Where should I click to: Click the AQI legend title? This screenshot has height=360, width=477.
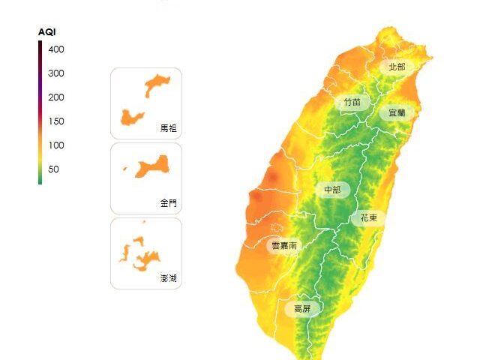(47, 32)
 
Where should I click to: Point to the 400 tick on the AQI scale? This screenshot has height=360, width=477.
(57, 49)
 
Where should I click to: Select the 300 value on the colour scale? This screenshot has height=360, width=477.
(57, 73)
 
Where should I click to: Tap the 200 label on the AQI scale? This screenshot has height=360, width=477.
(57, 97)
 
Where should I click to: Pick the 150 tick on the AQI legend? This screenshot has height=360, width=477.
(57, 121)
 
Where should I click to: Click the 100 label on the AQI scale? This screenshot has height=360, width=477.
(57, 145)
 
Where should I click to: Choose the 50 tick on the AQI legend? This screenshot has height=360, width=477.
(54, 169)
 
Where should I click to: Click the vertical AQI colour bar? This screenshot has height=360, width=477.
(40, 112)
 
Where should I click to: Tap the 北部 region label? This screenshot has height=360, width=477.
(397, 67)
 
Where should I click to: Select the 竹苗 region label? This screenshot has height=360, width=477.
(352, 102)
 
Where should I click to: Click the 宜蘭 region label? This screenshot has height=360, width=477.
(397, 113)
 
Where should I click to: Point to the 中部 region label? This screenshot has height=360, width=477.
(332, 190)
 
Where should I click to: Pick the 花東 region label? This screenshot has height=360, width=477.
(368, 218)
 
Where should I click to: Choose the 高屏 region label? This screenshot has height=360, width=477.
(302, 309)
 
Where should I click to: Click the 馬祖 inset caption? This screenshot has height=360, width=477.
(169, 128)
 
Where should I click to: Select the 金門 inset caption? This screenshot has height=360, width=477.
(169, 203)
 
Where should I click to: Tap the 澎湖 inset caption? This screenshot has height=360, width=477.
(169, 278)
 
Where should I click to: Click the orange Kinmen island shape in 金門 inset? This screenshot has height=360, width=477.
(154, 165)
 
